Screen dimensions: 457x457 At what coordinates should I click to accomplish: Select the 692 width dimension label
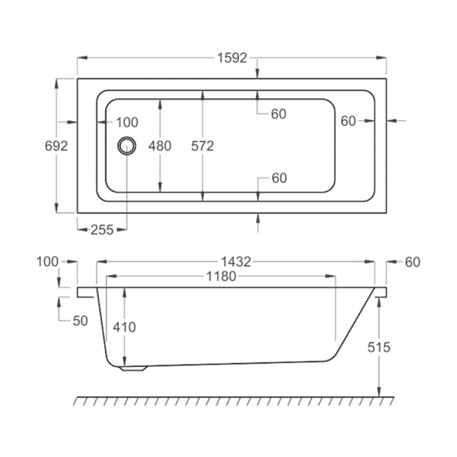point(56,146)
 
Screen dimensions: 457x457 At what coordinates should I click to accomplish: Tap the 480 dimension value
point(160,146)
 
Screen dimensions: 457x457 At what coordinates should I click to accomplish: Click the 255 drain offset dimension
point(103,229)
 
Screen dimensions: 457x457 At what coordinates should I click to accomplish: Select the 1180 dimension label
point(220,277)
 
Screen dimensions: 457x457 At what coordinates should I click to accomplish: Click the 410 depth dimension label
point(124,327)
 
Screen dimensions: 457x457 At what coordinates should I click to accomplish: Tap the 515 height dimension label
point(378,347)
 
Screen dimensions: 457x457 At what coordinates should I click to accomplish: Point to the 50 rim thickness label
point(79,321)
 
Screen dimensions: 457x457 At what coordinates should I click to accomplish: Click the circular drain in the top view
point(127,145)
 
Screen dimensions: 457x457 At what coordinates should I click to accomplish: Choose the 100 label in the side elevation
point(47,262)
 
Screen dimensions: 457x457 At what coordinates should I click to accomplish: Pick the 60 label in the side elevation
point(412,262)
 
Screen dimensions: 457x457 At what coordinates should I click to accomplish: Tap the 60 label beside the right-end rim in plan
point(348,121)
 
